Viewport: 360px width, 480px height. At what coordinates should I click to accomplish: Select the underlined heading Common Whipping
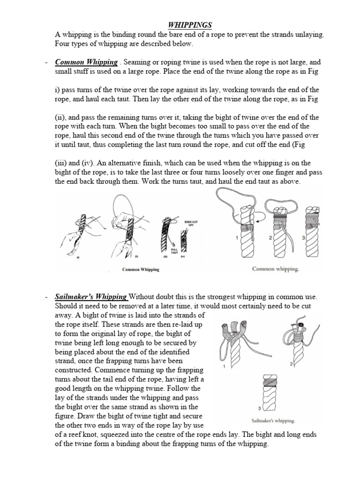click(x=86, y=62)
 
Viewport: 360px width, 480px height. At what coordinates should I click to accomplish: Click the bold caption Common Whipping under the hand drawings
click(x=141, y=270)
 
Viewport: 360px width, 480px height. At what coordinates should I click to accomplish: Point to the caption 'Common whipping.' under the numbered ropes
click(x=275, y=269)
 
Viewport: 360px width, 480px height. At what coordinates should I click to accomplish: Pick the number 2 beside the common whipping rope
click(x=270, y=238)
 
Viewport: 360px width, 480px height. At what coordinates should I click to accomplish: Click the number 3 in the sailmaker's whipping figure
click(x=259, y=409)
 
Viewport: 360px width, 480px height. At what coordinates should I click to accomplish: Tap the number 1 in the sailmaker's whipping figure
click(x=225, y=367)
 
